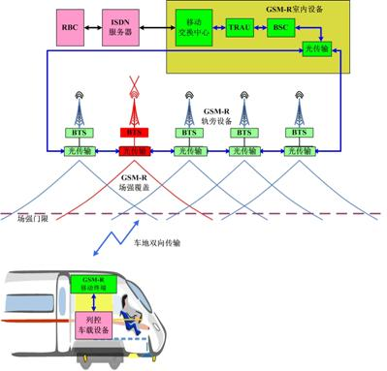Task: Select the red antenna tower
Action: click(x=131, y=101)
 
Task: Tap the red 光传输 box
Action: click(x=131, y=150)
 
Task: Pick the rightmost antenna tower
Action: click(x=295, y=107)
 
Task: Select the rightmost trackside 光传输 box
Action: click(x=295, y=150)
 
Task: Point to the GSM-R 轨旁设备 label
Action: click(x=212, y=117)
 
